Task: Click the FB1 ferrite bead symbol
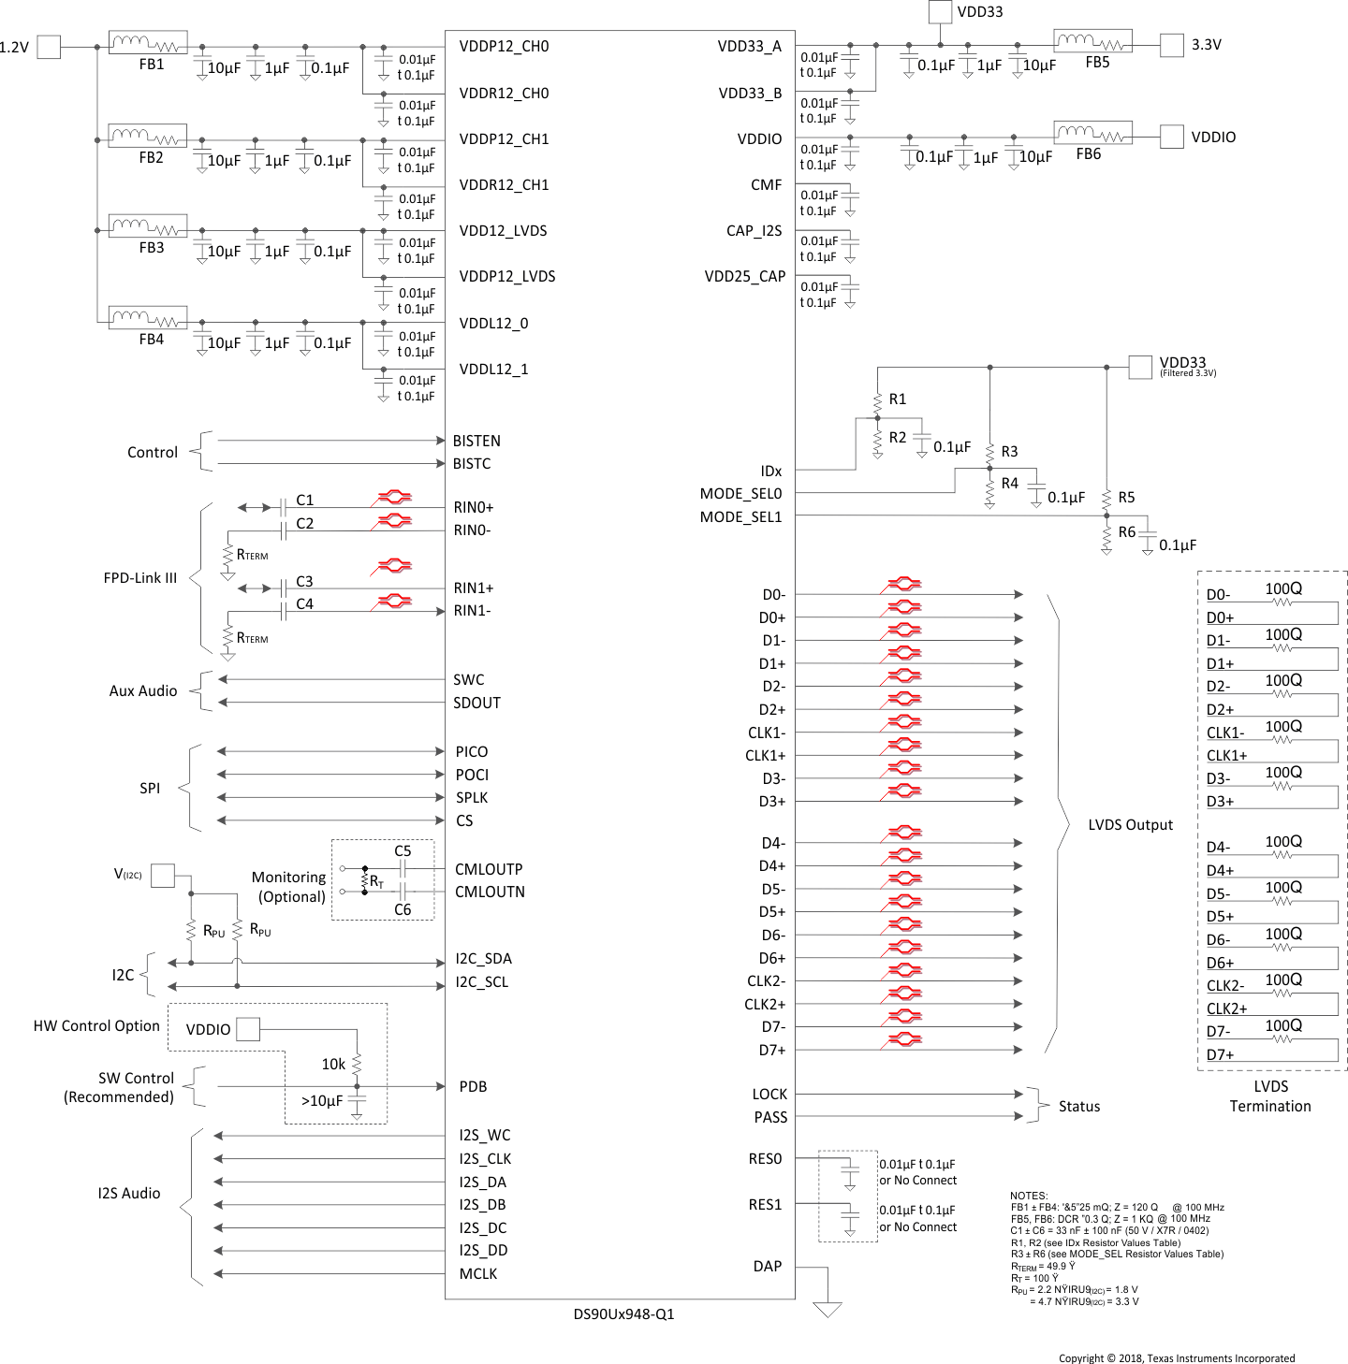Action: [148, 43]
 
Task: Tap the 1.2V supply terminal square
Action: [49, 47]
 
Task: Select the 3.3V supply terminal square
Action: [1171, 45]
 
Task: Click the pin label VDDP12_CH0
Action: [504, 47]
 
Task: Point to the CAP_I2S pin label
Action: [754, 230]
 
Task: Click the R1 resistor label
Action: [898, 399]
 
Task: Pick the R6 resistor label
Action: [1127, 531]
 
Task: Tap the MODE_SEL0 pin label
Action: [740, 493]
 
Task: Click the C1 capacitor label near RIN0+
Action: [305, 501]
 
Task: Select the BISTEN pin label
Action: [476, 441]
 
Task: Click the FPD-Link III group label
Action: [140, 578]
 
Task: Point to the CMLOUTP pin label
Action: [489, 869]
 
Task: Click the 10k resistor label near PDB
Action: [333, 1064]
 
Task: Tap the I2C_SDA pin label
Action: [483, 958]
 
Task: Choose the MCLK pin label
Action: [478, 1273]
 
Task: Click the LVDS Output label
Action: [1130, 824]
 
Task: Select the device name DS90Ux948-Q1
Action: [623, 1313]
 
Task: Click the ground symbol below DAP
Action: [828, 1309]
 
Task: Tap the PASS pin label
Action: [770, 1117]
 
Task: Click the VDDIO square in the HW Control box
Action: [248, 1029]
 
